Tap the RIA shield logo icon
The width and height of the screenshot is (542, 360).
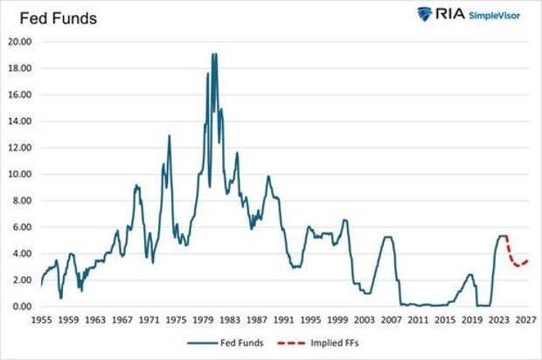425,14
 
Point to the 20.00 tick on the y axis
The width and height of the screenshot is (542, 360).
21,41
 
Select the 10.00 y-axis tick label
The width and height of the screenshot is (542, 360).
21,174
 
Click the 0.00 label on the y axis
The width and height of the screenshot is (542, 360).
24,306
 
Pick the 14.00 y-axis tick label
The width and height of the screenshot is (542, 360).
21,121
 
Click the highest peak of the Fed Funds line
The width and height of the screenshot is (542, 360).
213,54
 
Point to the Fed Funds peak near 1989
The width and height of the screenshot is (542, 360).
268,177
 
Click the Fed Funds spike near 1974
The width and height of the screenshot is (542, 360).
169,135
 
